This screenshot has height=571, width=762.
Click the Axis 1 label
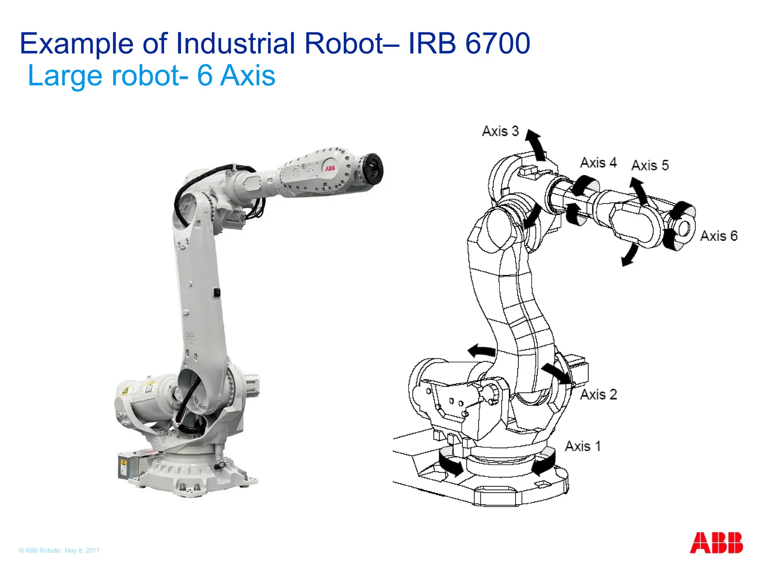(583, 446)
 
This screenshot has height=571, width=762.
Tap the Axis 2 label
(599, 394)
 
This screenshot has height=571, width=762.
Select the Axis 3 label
(500, 131)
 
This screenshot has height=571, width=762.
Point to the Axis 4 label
(598, 162)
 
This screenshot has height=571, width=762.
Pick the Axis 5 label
(650, 165)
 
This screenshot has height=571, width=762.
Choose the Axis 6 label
(719, 236)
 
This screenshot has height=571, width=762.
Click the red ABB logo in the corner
(716, 543)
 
